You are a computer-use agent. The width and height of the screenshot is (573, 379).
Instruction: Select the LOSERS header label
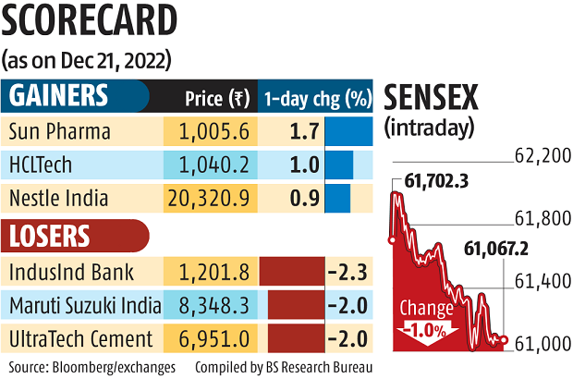50,237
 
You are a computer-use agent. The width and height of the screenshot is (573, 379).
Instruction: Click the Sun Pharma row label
59,131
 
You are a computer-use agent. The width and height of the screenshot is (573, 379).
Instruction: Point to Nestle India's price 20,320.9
210,198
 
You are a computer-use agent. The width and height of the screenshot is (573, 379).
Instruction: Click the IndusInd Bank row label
71,273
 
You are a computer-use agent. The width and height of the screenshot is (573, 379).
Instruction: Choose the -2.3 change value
348,273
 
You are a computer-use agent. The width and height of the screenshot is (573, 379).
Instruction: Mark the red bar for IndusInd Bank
291,273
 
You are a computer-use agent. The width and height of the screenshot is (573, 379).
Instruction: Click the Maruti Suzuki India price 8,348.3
216,306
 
